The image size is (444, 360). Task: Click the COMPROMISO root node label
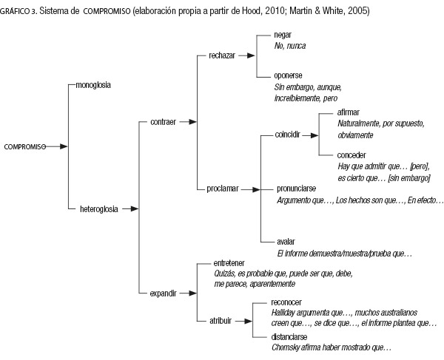click(x=25, y=147)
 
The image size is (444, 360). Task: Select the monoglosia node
click(x=93, y=85)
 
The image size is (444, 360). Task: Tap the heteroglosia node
click(x=99, y=209)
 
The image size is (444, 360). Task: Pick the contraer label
click(x=163, y=122)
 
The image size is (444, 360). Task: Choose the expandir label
click(x=163, y=293)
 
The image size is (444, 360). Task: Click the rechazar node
click(x=222, y=55)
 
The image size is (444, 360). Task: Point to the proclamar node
click(x=223, y=189)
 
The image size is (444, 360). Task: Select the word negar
click(x=283, y=35)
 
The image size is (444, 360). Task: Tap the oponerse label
click(x=288, y=75)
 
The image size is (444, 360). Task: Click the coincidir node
click(x=287, y=135)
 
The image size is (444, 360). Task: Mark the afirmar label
click(x=348, y=112)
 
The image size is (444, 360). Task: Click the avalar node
click(x=286, y=242)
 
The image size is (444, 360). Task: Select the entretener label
click(x=229, y=263)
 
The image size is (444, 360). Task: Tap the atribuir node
click(x=221, y=321)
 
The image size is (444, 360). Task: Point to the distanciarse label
click(x=289, y=337)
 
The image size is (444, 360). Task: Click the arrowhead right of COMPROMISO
click(x=64, y=146)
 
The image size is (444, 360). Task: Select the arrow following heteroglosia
click(x=130, y=209)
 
